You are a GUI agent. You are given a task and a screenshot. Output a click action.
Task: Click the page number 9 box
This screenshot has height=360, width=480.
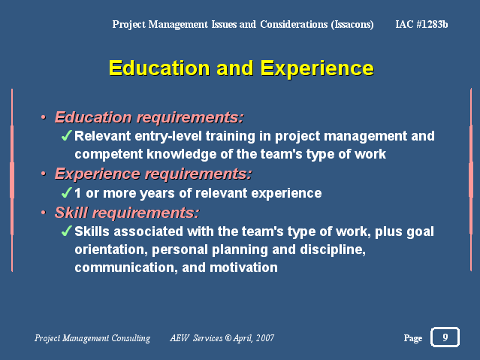point(445,337)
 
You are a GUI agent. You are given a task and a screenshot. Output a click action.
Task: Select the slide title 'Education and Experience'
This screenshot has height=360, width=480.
point(241,68)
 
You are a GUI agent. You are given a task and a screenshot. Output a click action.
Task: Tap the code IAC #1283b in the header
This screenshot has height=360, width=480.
point(421,24)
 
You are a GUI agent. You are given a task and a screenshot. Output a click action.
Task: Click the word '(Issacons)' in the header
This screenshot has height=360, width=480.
point(352,25)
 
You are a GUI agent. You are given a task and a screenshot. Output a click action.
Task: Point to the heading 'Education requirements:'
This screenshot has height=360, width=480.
point(149,117)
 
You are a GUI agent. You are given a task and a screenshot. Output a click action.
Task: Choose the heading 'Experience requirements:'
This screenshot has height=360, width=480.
point(153,174)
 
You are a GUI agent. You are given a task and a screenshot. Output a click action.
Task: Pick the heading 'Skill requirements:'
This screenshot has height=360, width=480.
point(127,213)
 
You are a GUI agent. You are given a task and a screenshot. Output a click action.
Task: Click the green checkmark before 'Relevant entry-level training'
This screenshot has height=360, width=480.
point(66,135)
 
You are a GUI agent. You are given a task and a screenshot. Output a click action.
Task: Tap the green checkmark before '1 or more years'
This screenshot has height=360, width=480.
point(66,192)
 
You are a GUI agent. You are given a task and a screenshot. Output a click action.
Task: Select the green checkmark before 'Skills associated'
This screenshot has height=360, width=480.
point(66,231)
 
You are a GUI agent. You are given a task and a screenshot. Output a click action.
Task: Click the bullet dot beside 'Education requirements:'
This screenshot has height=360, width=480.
point(44,117)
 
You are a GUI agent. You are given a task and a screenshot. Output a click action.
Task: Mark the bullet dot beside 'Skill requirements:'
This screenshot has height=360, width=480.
point(44,213)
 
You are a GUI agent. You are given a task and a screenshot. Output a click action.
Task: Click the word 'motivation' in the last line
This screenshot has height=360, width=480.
point(243,268)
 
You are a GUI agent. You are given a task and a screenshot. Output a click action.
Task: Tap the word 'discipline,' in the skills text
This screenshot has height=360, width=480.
point(333,250)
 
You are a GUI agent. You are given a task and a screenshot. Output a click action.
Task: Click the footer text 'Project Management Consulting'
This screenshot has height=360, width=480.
point(92,338)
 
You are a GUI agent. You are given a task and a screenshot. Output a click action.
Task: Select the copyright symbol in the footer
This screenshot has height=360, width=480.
point(228,337)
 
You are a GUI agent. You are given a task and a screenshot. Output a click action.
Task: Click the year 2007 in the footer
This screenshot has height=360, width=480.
point(265,337)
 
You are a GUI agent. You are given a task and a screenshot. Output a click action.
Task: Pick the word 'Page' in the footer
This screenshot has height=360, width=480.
point(413,338)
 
